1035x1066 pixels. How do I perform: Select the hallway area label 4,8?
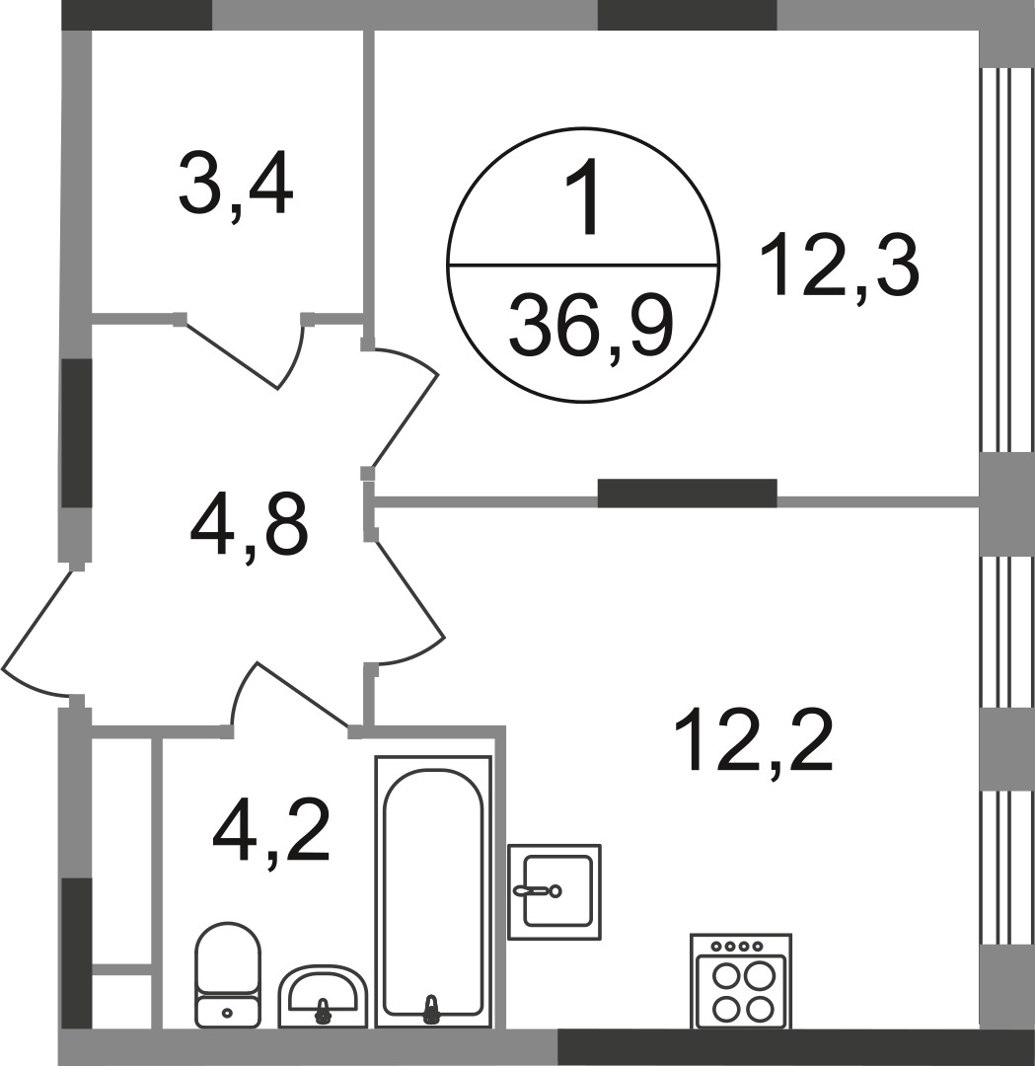pos(249,527)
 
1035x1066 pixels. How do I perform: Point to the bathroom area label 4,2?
pos(271,832)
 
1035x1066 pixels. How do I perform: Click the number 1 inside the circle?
pos(584,195)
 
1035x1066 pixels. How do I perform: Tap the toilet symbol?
pos(228,974)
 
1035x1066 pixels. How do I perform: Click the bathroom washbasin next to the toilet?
pos(323,995)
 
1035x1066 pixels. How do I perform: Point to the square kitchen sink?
pos(554,892)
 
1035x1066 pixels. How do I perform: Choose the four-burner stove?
pos(740,981)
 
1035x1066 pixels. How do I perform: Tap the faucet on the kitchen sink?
pos(538,889)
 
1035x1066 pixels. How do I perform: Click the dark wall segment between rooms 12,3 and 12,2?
pos(687,493)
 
